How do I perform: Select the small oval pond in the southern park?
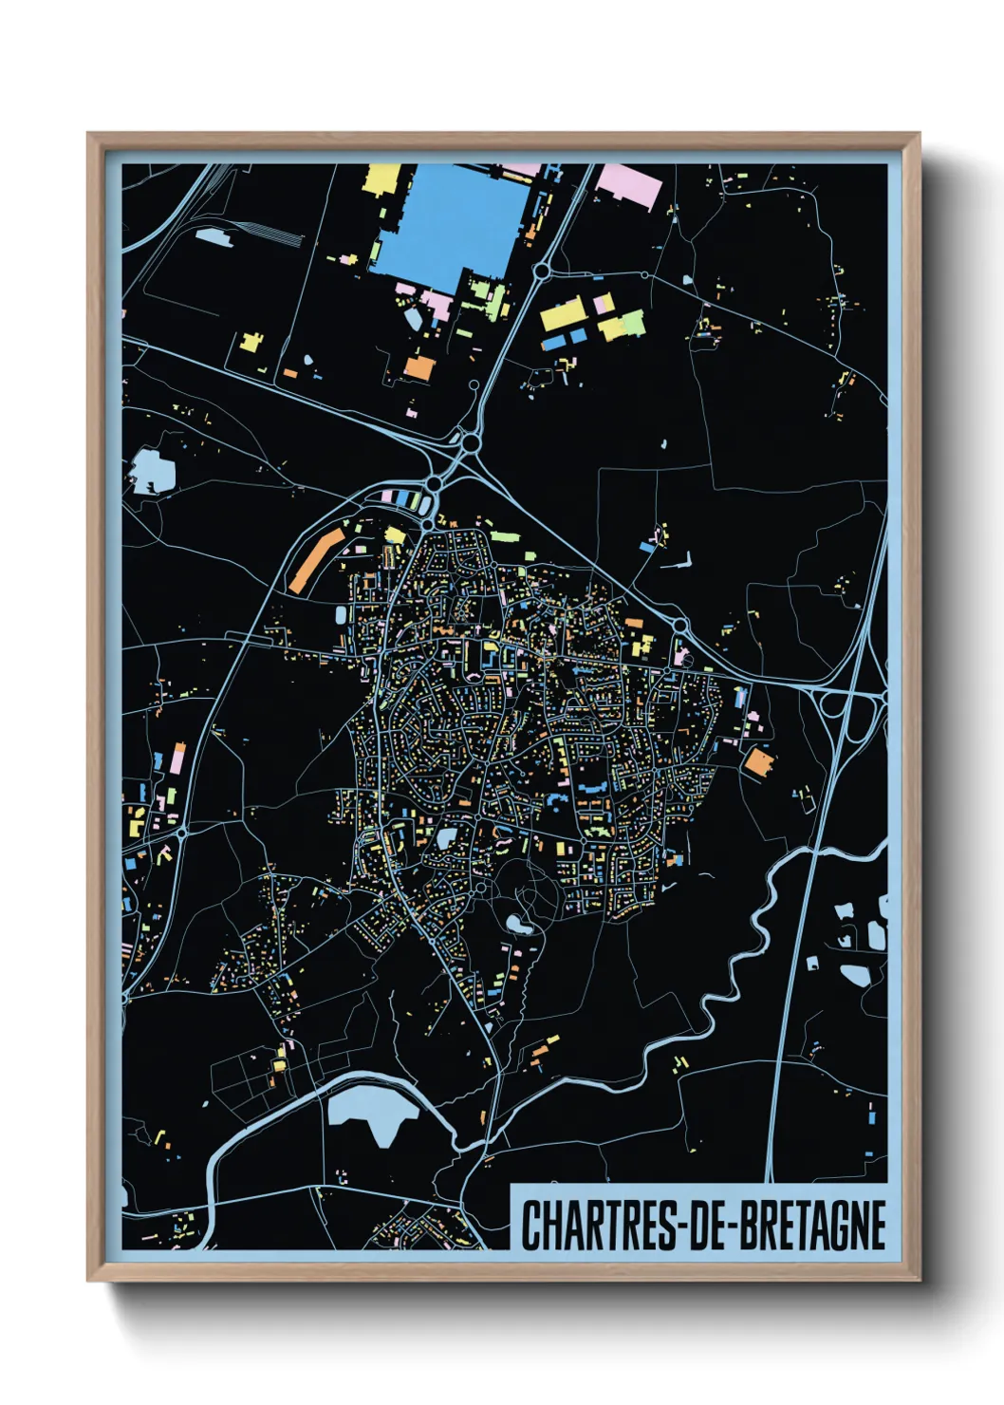(x=518, y=923)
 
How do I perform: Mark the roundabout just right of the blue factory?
(x=541, y=272)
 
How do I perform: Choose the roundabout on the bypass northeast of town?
(x=680, y=626)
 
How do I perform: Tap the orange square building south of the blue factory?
(x=418, y=366)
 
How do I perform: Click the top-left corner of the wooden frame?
(x=89, y=135)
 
